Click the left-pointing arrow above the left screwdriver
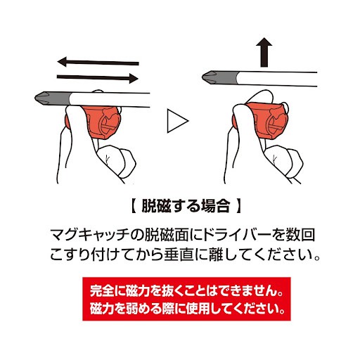pyautogui.click(x=98, y=63)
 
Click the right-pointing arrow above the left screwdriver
pyautogui.click(x=98, y=78)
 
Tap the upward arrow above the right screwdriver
pyautogui.click(x=264, y=52)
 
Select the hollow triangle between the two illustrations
pyautogui.click(x=178, y=121)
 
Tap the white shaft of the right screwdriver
pyautogui.click(x=277, y=79)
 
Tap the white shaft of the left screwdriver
pyautogui.click(x=110, y=100)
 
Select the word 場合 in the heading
pyautogui.click(x=215, y=206)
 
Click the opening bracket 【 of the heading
pyautogui.click(x=133, y=206)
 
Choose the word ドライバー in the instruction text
pyautogui.click(x=238, y=235)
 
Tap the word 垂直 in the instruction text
pyautogui.click(x=179, y=255)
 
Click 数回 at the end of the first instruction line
pyautogui.click(x=300, y=235)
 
